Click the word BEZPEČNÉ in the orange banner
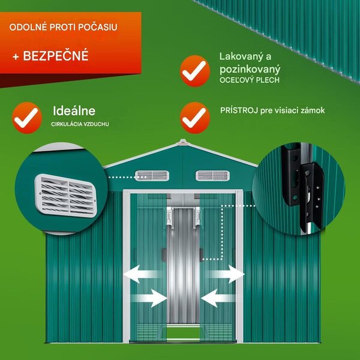[x=56, y=56]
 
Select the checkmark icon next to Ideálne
[x=27, y=118]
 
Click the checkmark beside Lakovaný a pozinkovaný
[x=195, y=71]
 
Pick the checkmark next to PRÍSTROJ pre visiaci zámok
[x=195, y=118]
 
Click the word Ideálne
[x=74, y=111]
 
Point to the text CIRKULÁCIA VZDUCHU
[x=80, y=124]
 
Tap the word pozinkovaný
[x=250, y=70]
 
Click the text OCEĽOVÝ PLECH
[x=250, y=80]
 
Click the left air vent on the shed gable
[x=152, y=176]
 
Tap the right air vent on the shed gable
[x=212, y=176]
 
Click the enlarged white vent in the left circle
[x=65, y=196]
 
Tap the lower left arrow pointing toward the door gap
[x=149, y=298]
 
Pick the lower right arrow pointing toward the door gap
[x=218, y=298]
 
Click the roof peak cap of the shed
[x=183, y=142]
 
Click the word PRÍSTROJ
[x=239, y=110]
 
